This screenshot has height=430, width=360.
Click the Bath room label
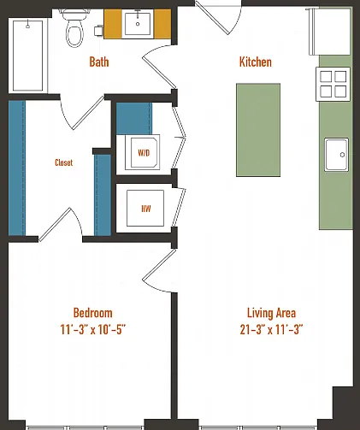click(x=99, y=62)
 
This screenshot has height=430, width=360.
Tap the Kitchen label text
click(x=256, y=62)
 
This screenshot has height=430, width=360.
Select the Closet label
click(x=63, y=162)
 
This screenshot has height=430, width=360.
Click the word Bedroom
click(x=93, y=313)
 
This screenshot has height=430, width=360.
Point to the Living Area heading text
click(x=271, y=313)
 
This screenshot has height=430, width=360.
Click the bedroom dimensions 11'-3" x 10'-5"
click(x=93, y=329)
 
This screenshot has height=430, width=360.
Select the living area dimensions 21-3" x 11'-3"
click(x=271, y=329)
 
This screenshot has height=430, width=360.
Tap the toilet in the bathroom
click(x=74, y=28)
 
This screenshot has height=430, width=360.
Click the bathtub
click(x=27, y=56)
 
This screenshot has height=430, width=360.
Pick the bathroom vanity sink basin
click(x=138, y=24)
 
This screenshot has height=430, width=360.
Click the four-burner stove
click(x=333, y=84)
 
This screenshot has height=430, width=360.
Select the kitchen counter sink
click(x=336, y=155)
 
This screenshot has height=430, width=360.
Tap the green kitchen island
click(x=258, y=130)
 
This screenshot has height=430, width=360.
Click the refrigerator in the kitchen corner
click(x=330, y=32)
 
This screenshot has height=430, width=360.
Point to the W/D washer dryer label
click(x=144, y=153)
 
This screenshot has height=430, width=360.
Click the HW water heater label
click(x=146, y=209)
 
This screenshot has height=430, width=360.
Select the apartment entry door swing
click(x=220, y=19)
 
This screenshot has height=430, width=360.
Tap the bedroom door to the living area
click(x=159, y=271)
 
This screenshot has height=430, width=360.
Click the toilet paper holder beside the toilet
click(x=98, y=31)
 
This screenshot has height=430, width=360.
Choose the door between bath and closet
click(x=82, y=112)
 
